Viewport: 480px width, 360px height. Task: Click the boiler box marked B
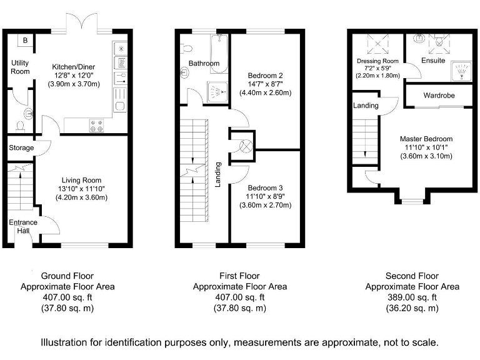click(26, 40)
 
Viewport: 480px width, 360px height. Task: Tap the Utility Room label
click(20, 67)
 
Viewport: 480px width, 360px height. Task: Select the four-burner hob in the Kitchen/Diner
click(96, 126)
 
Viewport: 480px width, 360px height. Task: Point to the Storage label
click(21, 148)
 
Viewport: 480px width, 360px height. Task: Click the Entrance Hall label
click(23, 226)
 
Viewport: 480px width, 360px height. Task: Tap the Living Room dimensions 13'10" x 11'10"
click(81, 189)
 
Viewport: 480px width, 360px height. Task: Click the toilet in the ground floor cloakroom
click(21, 126)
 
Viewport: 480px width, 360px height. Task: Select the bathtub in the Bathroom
click(219, 54)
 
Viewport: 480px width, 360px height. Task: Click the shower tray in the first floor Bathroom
click(217, 92)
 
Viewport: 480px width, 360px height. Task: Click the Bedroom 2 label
click(266, 76)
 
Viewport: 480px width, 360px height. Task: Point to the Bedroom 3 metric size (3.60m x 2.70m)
click(266, 205)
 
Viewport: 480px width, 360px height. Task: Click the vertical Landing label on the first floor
click(217, 174)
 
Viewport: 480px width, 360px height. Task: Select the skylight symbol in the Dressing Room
click(377, 44)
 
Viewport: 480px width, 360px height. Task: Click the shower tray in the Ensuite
click(462, 71)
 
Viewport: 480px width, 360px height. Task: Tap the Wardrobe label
click(439, 96)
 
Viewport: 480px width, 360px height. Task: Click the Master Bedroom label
click(426, 139)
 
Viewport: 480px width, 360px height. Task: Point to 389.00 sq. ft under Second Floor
click(412, 297)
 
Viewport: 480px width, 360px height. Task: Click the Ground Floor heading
click(67, 276)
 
